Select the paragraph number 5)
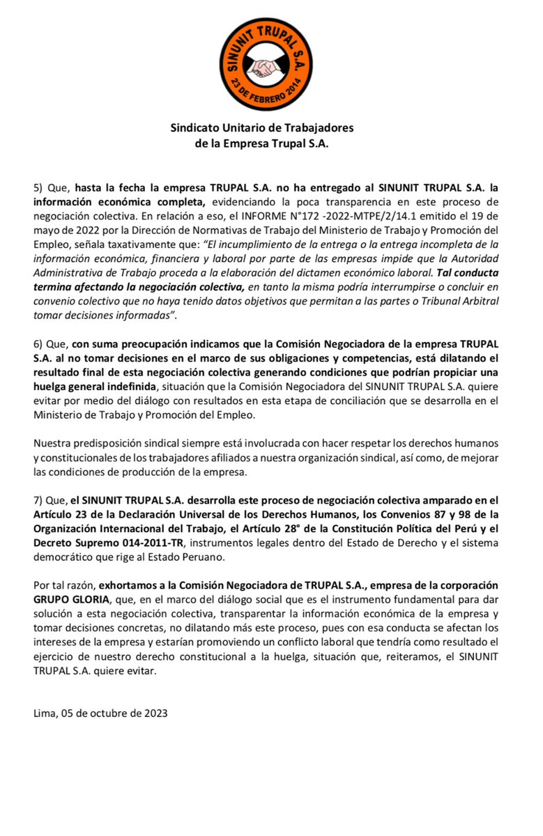(40, 187)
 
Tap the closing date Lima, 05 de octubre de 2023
(100, 713)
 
